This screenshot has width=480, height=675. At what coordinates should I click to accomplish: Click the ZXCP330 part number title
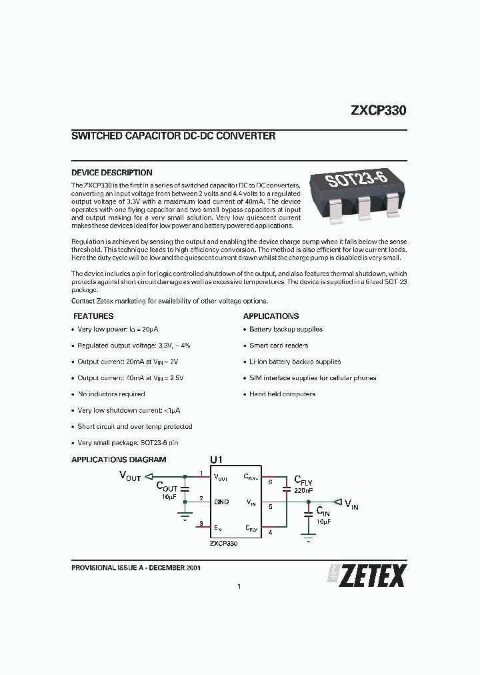(378, 111)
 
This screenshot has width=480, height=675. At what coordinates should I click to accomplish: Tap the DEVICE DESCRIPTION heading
(111, 173)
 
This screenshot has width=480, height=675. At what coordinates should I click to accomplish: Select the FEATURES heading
(93, 316)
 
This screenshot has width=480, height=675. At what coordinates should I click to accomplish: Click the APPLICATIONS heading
(271, 316)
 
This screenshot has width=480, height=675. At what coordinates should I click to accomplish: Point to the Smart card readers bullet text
(279, 346)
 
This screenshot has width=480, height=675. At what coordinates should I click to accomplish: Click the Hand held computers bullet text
(283, 394)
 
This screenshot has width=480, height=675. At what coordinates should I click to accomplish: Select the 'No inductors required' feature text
(111, 394)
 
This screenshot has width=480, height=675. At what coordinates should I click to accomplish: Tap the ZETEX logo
(366, 575)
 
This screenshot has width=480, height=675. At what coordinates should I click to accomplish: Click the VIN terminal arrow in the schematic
(338, 502)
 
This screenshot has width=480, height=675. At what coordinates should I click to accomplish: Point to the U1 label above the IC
(216, 460)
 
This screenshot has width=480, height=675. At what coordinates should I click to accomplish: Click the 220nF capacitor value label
(303, 490)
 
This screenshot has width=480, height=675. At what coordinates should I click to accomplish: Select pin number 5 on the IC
(270, 506)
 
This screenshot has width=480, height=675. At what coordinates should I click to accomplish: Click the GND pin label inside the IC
(221, 502)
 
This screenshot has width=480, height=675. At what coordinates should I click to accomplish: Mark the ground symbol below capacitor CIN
(307, 537)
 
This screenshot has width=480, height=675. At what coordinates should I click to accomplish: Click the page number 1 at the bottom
(239, 587)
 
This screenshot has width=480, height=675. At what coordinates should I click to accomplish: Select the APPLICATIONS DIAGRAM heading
(119, 460)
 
